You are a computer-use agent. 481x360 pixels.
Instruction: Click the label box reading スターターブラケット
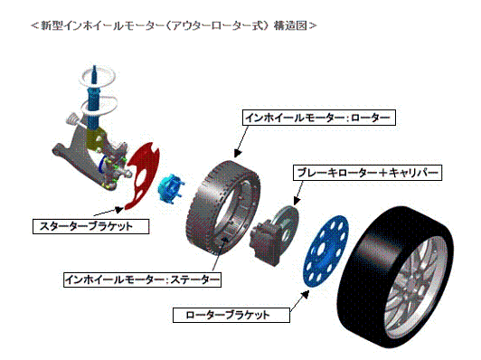(x=90, y=225)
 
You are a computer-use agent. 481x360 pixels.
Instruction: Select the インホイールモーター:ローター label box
(x=319, y=118)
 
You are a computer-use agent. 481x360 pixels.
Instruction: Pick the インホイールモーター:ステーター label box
(x=141, y=279)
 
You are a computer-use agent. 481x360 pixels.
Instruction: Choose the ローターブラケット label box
(x=231, y=315)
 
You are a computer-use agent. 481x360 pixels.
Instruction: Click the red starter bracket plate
(x=140, y=173)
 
